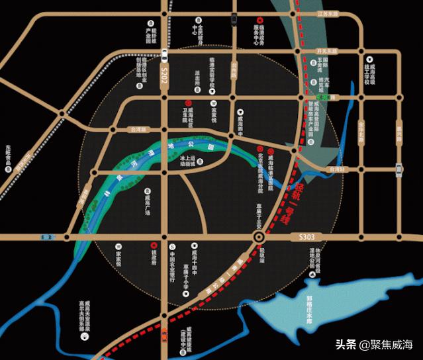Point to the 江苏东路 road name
[327, 14]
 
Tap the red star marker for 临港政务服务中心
[259, 19]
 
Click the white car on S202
[164, 53]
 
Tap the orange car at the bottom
[164, 334]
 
